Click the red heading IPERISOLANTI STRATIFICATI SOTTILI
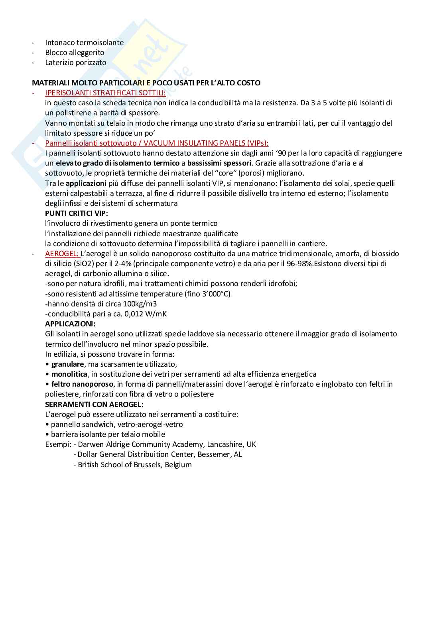pos(105,93)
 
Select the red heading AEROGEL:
pos(62,254)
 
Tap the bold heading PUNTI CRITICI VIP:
pos(77,213)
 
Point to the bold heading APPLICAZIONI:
pos(70,324)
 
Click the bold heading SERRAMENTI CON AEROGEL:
pos(94,404)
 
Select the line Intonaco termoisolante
pos(84,43)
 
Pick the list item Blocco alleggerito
pos(75,53)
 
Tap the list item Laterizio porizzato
pos(76,63)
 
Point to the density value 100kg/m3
pos(139,304)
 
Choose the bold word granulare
pos(67,364)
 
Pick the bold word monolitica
pos(69,374)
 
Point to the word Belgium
pos(178,465)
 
